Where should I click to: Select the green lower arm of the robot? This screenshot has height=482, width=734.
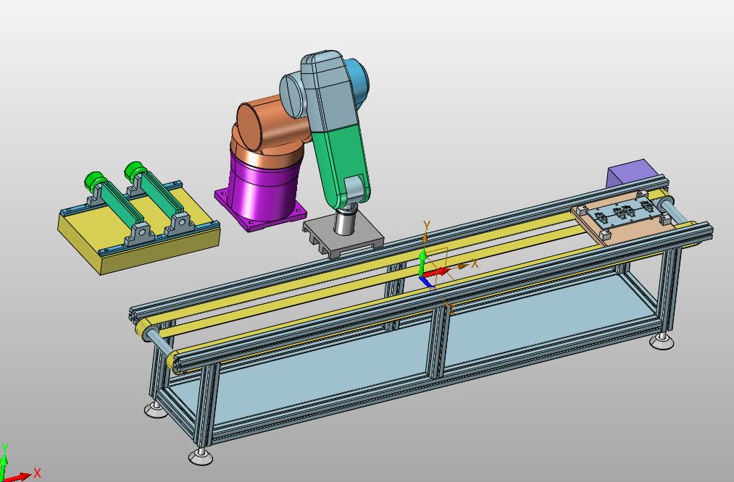pos(341,164)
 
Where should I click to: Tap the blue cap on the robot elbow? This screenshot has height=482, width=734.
pos(358,80)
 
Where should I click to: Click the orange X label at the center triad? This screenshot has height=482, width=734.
pos(475,263)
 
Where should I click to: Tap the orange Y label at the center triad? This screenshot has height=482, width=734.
pos(426,225)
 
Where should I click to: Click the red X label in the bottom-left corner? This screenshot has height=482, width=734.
pos(37,473)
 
